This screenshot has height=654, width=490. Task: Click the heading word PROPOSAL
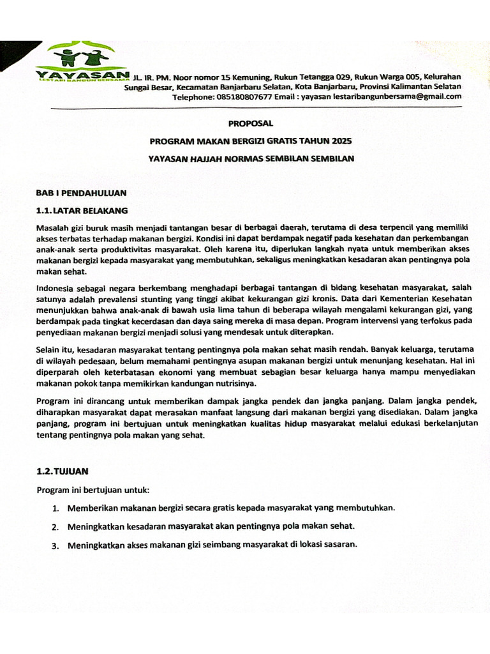250,123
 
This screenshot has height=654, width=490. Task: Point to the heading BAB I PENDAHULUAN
81,192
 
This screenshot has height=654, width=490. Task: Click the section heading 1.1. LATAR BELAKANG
82,210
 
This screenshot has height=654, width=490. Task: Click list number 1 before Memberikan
56,509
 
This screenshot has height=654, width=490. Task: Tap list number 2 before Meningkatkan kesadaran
56,528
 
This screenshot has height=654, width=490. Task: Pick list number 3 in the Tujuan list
56,545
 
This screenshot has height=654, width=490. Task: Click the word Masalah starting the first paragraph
54,227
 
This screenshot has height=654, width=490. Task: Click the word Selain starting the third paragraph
49,349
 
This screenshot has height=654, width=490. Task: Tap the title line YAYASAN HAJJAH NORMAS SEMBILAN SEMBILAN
251,158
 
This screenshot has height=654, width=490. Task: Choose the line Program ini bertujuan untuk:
93,490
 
